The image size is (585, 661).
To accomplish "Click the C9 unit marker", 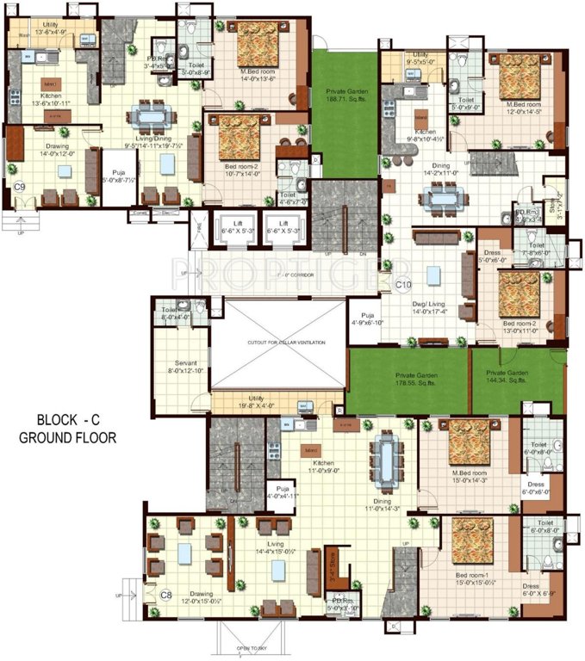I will click(x=19, y=186).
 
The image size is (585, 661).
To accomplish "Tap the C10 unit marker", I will click(x=405, y=283).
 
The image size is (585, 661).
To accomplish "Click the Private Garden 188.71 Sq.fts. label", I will click(x=345, y=94).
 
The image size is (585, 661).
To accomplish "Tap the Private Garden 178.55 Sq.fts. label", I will click(x=415, y=380).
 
